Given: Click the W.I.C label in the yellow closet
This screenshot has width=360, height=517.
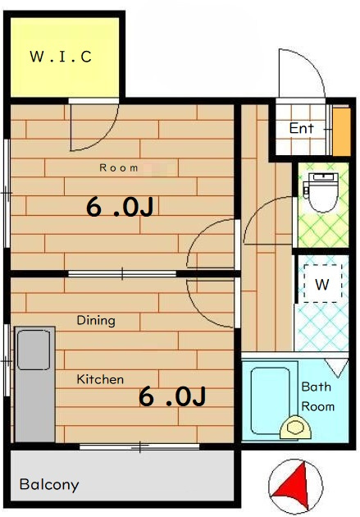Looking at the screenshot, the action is tap(61, 57).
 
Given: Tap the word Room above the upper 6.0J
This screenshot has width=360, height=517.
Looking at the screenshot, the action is tap(119, 168).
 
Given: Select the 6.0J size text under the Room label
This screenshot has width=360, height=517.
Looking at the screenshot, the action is tap(120, 207).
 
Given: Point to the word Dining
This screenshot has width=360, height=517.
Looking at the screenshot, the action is tap(96, 321).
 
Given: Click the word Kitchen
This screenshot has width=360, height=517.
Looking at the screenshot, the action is tap(100, 379).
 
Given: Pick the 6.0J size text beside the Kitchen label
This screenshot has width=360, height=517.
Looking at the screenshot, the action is tap(172, 396).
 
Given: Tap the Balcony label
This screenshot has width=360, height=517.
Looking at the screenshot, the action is tap(49, 485).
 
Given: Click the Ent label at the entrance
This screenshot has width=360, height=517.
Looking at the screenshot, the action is tap(302, 128).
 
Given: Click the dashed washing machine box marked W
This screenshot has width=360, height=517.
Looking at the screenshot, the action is tap(323, 284).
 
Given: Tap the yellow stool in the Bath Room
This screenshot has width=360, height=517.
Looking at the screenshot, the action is tap(295, 428).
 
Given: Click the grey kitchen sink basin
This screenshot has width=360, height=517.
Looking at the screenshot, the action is tap(34, 350).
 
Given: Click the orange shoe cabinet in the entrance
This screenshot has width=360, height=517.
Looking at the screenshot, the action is tap(341, 131).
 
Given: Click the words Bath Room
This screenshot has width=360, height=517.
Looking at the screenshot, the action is tap(317, 396).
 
